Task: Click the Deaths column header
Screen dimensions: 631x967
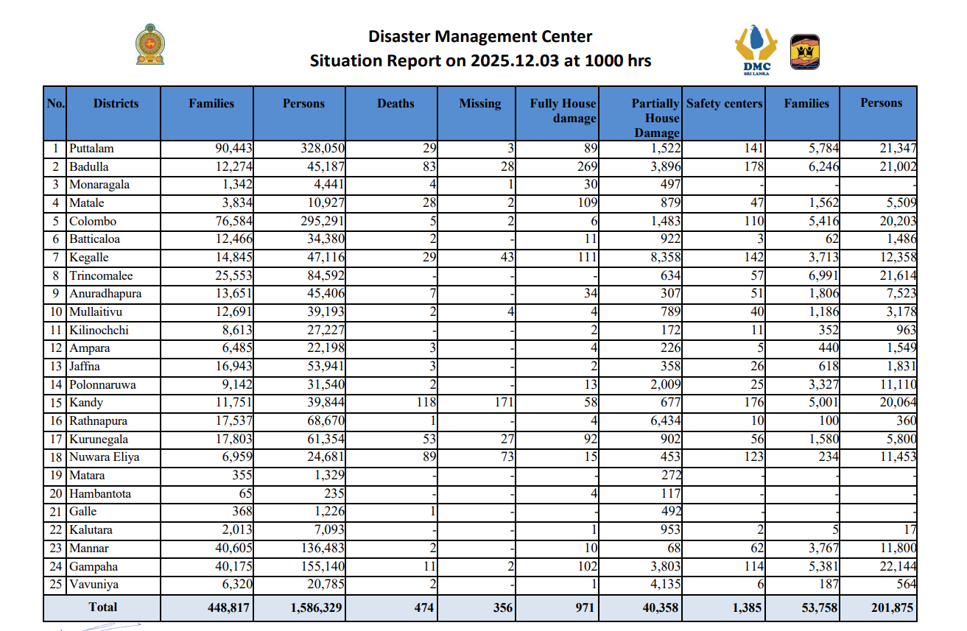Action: click(x=395, y=104)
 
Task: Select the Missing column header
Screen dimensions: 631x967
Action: click(x=479, y=104)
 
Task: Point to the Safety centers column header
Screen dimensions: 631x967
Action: click(x=725, y=104)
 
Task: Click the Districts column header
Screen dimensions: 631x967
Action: click(x=116, y=104)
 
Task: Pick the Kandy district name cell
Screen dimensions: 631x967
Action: click(x=86, y=403)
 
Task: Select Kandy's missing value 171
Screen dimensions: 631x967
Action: click(x=503, y=403)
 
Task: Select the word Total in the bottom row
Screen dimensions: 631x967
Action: click(x=102, y=607)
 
